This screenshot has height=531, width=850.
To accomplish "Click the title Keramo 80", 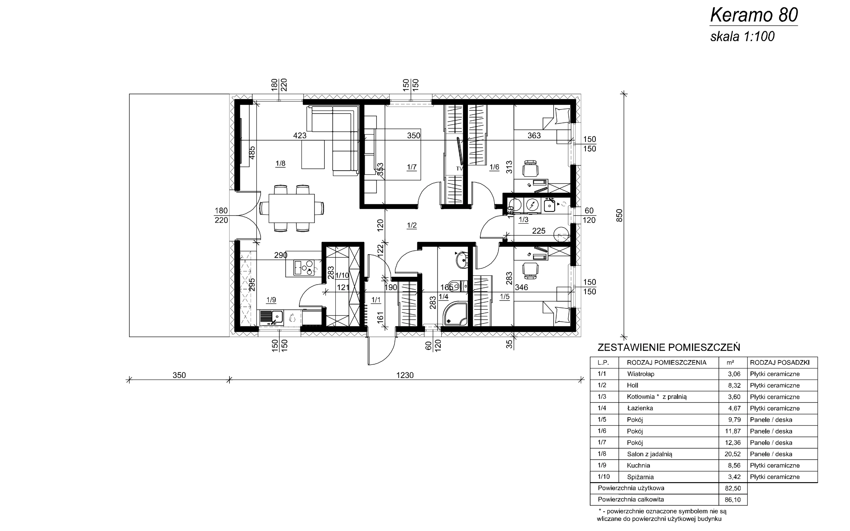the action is point(754,15).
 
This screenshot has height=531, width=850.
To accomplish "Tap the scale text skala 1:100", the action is point(742,37).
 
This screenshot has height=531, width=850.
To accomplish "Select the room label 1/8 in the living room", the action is point(280,164).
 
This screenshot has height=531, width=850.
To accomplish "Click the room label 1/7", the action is point(412,167).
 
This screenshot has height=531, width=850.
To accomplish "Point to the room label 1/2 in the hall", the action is point(412,225).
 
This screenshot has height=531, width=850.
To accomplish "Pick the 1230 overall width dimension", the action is point(405,375).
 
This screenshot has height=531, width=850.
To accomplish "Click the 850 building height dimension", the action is point(619,215).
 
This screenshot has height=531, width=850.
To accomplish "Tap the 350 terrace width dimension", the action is point(179,375).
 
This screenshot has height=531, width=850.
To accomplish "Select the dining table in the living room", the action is point(292,208).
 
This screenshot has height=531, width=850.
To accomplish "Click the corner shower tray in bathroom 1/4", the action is point(456,314).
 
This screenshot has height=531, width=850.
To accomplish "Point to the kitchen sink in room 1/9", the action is point(272,318).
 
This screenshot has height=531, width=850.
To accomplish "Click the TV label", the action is point(459,169).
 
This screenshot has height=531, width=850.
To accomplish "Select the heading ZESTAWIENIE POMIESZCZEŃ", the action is point(669,347).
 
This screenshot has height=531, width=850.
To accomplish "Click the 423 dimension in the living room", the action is point(300,135).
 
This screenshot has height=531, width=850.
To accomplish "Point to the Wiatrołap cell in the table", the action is point(641,374).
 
